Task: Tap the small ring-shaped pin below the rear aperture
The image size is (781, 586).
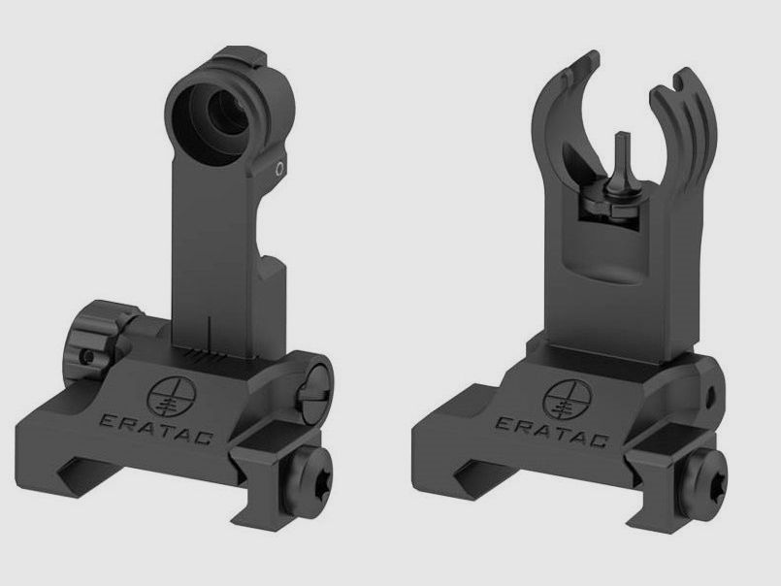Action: tap(279, 169)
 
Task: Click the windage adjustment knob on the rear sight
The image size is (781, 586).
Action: tap(99, 338)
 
